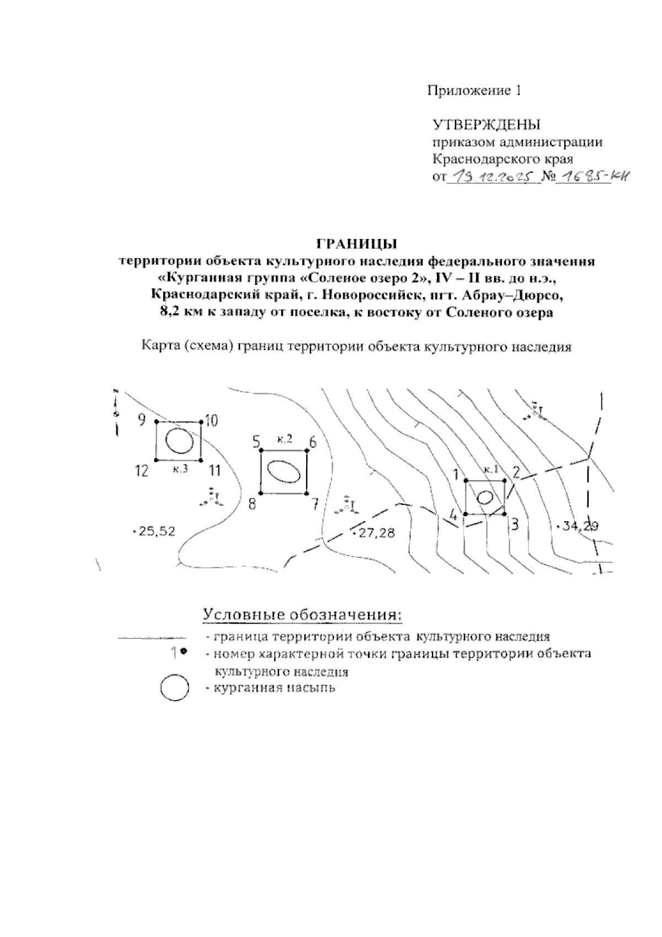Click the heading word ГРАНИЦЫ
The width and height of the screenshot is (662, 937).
click(357, 243)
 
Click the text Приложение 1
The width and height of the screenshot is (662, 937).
click(474, 90)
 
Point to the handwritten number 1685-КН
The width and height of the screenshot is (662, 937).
click(592, 177)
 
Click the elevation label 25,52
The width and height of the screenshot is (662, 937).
click(156, 531)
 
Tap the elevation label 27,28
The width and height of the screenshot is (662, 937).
click(375, 533)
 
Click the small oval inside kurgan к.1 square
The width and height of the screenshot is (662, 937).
click(485, 497)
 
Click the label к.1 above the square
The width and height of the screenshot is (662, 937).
click(490, 470)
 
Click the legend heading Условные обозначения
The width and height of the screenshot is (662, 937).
click(301, 614)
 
